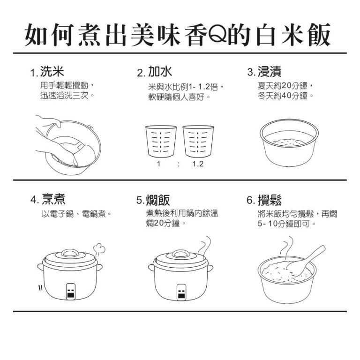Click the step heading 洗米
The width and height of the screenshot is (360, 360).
pyautogui.click(x=52, y=71)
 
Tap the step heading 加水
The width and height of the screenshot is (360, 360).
pyautogui.click(x=160, y=71)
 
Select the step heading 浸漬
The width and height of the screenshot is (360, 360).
pyautogui.click(x=270, y=71)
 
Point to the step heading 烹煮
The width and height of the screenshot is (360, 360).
pyautogui.click(x=53, y=199)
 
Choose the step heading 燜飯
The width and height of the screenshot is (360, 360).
pyautogui.click(x=158, y=200)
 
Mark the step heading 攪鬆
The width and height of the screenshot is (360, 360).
pyautogui.click(x=270, y=200)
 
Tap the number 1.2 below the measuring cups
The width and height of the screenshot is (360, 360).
pyautogui.click(x=198, y=164)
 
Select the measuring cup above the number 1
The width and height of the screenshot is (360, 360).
pyautogui.click(x=161, y=141)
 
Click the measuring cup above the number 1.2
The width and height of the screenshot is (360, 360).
pyautogui.click(x=198, y=141)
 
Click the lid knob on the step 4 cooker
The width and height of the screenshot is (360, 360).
pyautogui.click(x=70, y=253)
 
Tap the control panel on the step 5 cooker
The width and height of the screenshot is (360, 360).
pyautogui.click(x=181, y=292)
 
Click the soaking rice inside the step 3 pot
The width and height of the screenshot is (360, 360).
pyautogui.click(x=288, y=142)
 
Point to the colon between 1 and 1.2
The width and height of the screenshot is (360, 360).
pyautogui.click(x=179, y=164)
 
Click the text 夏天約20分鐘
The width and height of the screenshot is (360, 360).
pyautogui.click(x=282, y=86)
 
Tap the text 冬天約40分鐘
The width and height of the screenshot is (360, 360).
pyautogui.click(x=282, y=96)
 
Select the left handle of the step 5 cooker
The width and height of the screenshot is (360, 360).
pyautogui.click(x=151, y=268)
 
